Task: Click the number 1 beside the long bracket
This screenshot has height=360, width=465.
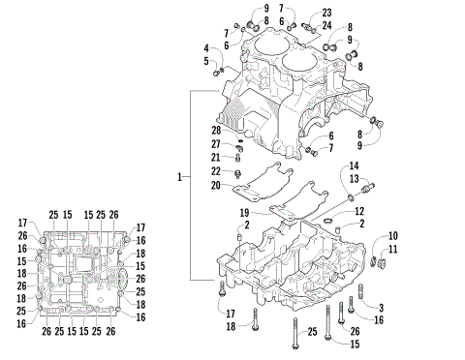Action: (x=179, y=178)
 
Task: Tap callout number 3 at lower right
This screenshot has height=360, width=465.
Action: (x=381, y=308)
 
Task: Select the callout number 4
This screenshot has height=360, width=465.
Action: (x=206, y=47)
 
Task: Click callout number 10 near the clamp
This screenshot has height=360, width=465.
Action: (x=393, y=236)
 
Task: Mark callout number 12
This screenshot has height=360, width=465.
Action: (x=358, y=211)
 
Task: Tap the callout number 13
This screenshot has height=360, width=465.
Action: (x=355, y=179)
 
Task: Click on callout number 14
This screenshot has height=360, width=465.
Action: (x=355, y=166)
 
